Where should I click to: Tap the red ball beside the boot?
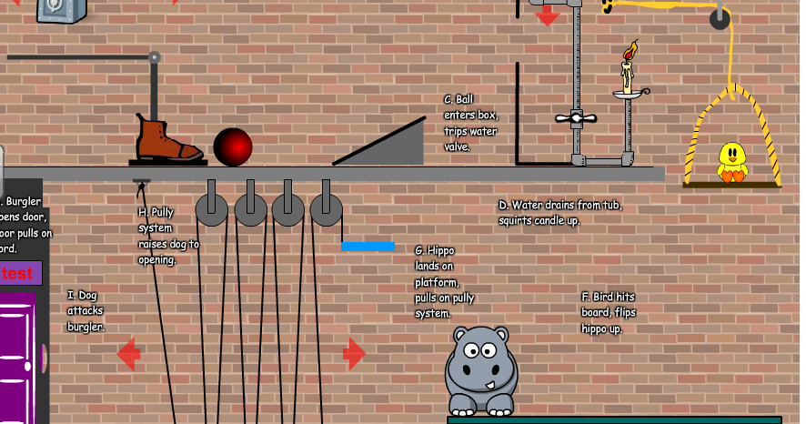[232, 146]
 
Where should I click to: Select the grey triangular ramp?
[391, 146]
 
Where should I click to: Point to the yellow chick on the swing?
[731, 162]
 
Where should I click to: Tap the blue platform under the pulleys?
[368, 246]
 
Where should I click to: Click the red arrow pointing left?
[128, 354]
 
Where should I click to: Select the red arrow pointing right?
[354, 353]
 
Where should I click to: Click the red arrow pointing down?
[548, 15]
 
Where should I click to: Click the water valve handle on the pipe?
[575, 118]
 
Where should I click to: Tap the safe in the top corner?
[62, 10]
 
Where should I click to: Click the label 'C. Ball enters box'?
[470, 123]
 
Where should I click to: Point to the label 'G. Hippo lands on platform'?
[444, 281]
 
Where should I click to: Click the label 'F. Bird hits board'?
[608, 312]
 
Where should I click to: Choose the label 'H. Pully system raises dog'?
[168, 236]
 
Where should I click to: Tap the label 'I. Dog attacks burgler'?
[86, 310]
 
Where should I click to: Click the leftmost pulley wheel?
[212, 209]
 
